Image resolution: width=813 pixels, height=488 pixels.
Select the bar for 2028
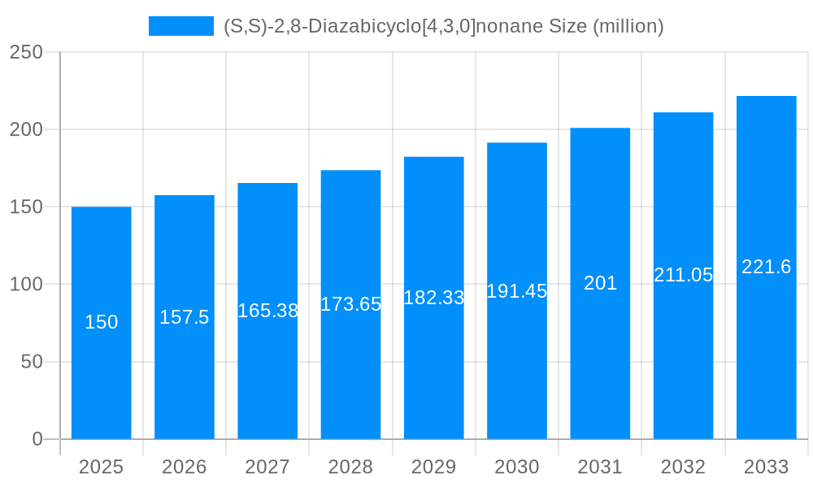point(350,366)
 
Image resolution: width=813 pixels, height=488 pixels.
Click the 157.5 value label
point(185,317)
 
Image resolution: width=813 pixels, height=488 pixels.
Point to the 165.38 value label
point(267,311)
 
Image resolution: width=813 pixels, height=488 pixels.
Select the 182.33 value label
point(434,298)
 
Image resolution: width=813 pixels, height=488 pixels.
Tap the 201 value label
point(600,283)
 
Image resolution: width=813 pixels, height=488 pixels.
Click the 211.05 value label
point(683,275)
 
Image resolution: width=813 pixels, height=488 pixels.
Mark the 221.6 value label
point(766,267)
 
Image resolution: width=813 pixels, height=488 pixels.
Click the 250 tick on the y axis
point(26,52)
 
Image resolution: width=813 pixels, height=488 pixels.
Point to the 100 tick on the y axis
point(26,285)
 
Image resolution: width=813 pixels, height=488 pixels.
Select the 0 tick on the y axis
point(37,439)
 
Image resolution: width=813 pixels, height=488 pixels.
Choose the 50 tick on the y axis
point(32,362)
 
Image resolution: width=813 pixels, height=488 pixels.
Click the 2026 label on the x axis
point(185,467)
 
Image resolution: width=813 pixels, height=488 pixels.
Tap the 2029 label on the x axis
point(434,467)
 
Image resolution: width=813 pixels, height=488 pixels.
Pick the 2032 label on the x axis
point(683,467)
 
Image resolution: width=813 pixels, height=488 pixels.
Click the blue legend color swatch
point(180,26)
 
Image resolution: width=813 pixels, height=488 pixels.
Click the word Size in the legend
point(567,26)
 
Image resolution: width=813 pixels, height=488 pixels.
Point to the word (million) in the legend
point(628,26)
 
